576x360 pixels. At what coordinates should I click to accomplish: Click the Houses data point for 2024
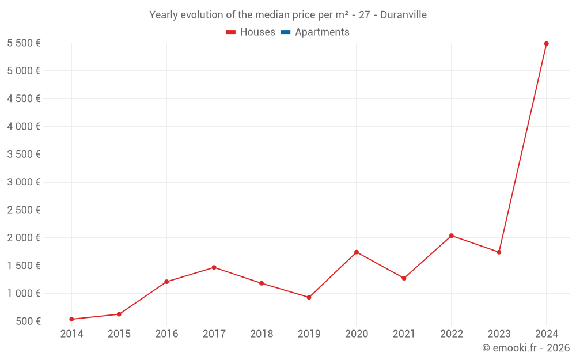(546, 44)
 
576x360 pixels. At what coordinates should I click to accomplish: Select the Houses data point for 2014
(71, 319)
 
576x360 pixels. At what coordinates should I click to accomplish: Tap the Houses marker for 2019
(309, 297)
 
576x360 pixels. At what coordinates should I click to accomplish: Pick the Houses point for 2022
(451, 236)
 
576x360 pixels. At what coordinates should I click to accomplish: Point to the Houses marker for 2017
(214, 267)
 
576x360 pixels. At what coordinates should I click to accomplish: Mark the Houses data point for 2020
(357, 252)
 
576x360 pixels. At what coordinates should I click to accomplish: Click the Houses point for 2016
(166, 282)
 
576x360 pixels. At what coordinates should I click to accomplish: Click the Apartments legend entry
(322, 32)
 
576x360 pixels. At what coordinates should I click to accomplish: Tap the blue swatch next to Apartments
(285, 32)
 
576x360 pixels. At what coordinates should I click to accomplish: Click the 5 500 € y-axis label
(24, 43)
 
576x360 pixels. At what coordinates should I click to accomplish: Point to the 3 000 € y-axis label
(24, 182)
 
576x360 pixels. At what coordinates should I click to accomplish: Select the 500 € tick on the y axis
(28, 321)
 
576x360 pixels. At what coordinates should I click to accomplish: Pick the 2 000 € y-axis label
(24, 238)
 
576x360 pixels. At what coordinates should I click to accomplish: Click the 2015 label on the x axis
(119, 334)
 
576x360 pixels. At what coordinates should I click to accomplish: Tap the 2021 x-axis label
(404, 334)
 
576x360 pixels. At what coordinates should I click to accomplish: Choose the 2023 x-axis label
(499, 334)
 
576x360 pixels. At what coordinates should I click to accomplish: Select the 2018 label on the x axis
(262, 334)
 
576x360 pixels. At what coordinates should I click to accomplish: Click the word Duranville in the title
(403, 15)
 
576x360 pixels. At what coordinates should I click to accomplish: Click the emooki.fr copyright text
(525, 348)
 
